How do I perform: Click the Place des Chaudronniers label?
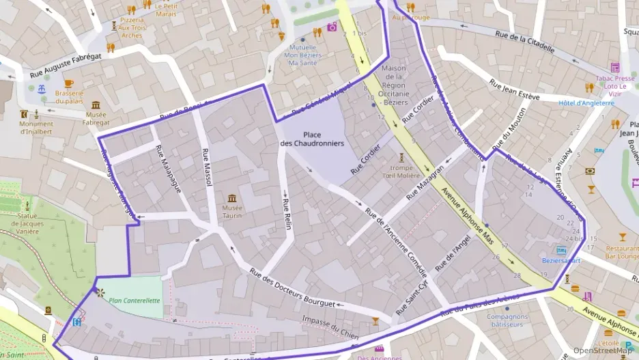tap(312, 139)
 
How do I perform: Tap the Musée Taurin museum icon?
tap(232, 197)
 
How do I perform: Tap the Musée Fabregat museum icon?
tap(96, 105)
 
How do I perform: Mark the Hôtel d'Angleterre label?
tap(586, 103)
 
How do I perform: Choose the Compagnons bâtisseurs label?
tap(507, 320)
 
